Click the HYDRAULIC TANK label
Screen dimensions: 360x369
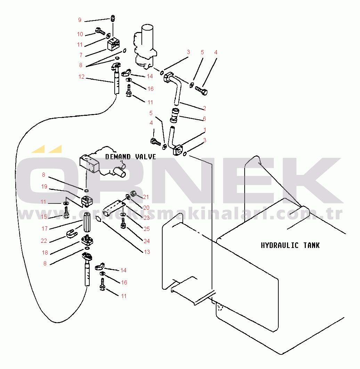pyautogui.click(x=290, y=246)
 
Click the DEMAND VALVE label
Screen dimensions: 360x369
pyautogui.click(x=131, y=157)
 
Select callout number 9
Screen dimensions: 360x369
pyautogui.click(x=80, y=20)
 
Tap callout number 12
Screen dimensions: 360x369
pyautogui.click(x=81, y=77)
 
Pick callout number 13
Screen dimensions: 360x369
pyautogui.click(x=147, y=252)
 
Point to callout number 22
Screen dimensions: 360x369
pyautogui.click(x=44, y=241)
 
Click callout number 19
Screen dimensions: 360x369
pyautogui.click(x=44, y=187)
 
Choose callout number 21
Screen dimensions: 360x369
pyautogui.click(x=146, y=197)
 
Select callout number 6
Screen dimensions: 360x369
pyautogui.click(x=204, y=119)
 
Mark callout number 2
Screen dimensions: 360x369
pyautogui.click(x=204, y=108)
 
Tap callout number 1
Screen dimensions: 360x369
pyautogui.click(x=205, y=130)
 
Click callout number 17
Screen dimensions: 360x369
pyautogui.click(x=44, y=228)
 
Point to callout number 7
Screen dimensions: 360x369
pyautogui.click(x=81, y=55)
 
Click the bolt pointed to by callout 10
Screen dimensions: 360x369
pyautogui.click(x=100, y=31)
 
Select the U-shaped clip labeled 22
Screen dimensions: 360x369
pyautogui.click(x=72, y=234)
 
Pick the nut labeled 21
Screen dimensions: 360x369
pyautogui.click(x=133, y=193)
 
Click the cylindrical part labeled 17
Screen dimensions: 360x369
pyautogui.click(x=87, y=221)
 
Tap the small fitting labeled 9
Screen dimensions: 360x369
pyautogui.click(x=113, y=18)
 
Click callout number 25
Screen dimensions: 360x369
pyautogui.click(x=147, y=229)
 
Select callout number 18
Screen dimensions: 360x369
pyautogui.click(x=45, y=252)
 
